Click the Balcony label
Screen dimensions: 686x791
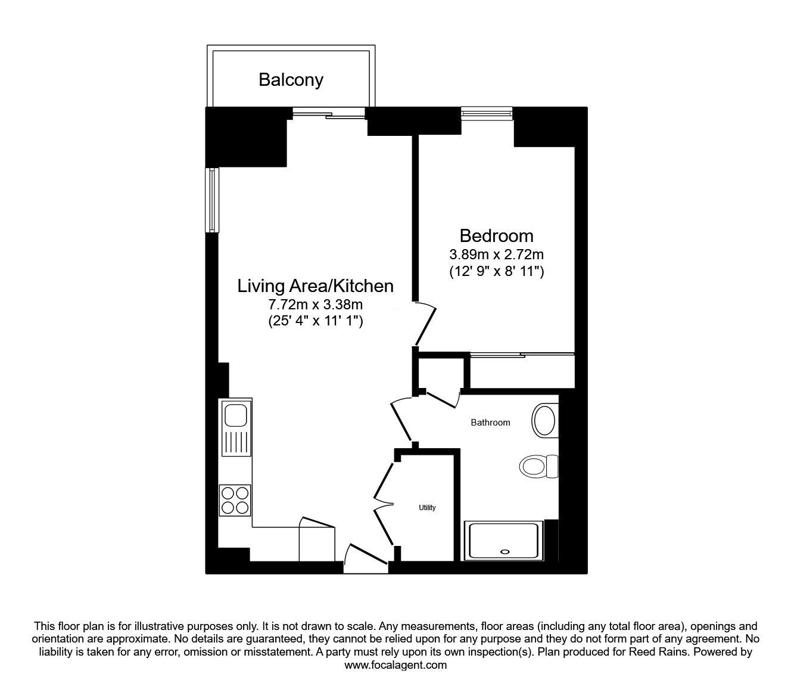click(291, 80)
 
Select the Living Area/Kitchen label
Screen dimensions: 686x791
click(315, 286)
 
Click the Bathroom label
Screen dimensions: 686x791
click(490, 423)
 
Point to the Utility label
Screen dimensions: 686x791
click(427, 508)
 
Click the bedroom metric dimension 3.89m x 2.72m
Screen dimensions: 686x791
click(496, 254)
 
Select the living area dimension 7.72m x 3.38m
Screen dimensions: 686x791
click(315, 305)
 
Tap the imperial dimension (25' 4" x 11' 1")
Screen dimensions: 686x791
click(315, 321)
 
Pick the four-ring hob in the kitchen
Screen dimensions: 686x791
click(235, 499)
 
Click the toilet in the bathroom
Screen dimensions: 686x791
click(538, 465)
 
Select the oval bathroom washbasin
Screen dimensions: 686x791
click(544, 421)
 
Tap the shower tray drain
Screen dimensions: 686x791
click(506, 551)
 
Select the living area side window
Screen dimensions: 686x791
click(211, 200)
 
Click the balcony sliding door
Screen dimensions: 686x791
click(328, 112)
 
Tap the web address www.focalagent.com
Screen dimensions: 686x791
click(395, 665)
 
